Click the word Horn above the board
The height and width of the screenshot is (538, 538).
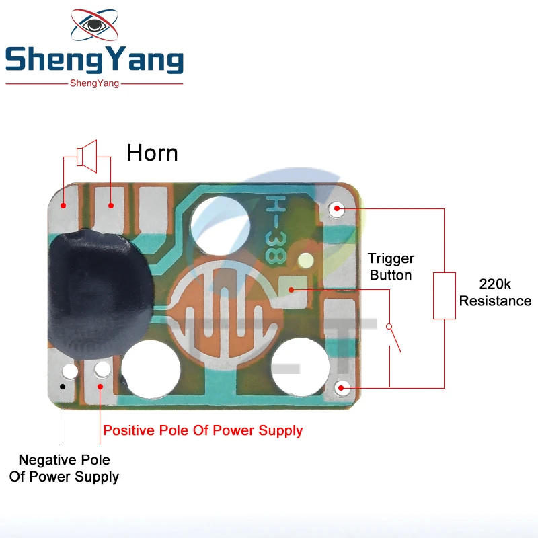[x=152, y=153]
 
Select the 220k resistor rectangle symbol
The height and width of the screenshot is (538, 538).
[x=444, y=295]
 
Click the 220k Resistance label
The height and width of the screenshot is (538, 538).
[x=495, y=293]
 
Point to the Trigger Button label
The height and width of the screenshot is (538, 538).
[x=391, y=266]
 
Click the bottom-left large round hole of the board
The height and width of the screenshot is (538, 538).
[x=151, y=369]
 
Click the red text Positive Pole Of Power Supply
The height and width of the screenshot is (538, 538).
[x=202, y=430]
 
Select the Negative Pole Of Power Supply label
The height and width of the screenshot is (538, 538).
[x=64, y=469]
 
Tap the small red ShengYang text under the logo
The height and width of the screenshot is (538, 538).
[x=94, y=83]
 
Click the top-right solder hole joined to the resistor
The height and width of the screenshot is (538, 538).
[x=337, y=209]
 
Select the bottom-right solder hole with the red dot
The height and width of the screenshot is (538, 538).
[x=343, y=387]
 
